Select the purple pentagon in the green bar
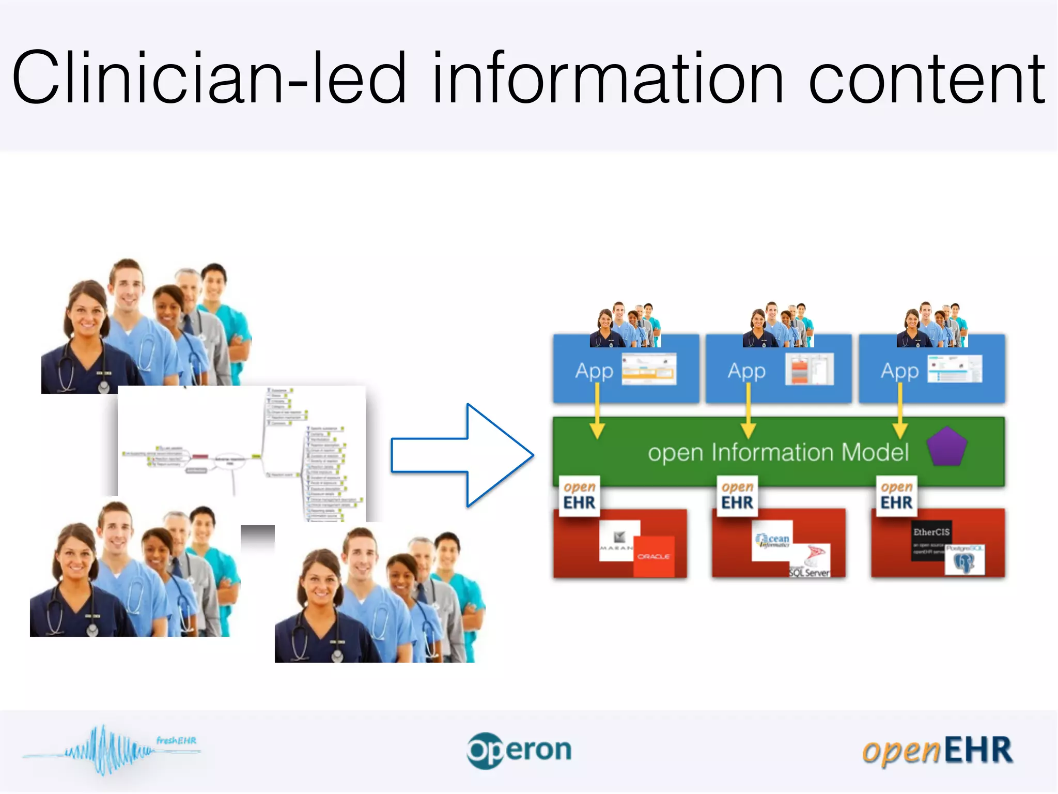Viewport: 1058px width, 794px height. point(946,448)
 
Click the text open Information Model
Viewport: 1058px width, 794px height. point(778,452)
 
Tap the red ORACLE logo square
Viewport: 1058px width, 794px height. point(654,556)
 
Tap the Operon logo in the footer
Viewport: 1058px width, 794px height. point(519,750)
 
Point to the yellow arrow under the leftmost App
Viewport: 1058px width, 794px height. point(597,414)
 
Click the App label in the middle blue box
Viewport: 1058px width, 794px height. point(746,371)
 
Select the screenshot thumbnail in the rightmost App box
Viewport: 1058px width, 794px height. point(955,369)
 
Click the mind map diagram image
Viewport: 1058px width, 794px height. point(242,454)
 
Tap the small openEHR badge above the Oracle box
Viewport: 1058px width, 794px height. point(579,496)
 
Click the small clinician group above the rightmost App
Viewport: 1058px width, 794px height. point(932,325)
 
